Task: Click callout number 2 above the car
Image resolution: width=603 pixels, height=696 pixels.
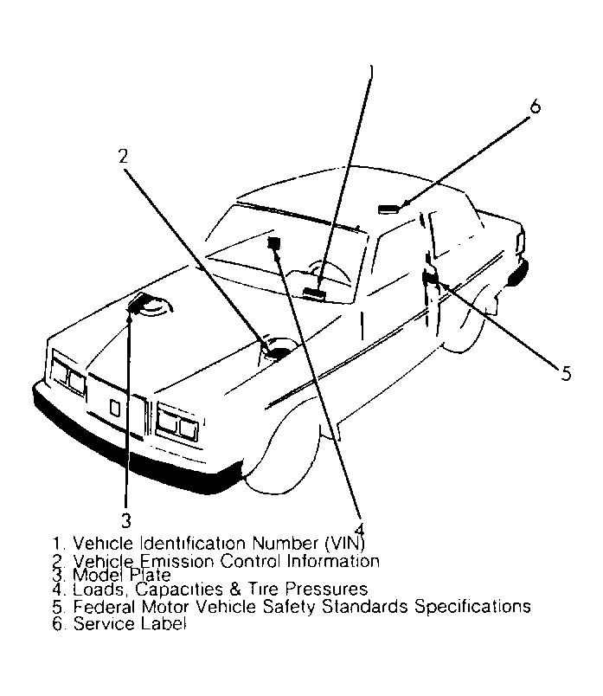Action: point(123,157)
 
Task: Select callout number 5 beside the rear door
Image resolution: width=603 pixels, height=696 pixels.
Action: point(566,373)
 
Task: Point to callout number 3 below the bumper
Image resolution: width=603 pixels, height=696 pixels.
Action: point(126,519)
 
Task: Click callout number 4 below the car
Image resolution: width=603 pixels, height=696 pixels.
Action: point(358,529)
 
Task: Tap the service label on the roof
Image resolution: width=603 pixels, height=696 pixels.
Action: point(390,208)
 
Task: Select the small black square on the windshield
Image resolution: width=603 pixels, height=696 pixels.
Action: point(277,243)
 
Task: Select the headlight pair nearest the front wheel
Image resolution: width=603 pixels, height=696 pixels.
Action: point(178,423)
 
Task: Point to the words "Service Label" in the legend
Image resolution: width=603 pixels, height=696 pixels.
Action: point(130,622)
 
